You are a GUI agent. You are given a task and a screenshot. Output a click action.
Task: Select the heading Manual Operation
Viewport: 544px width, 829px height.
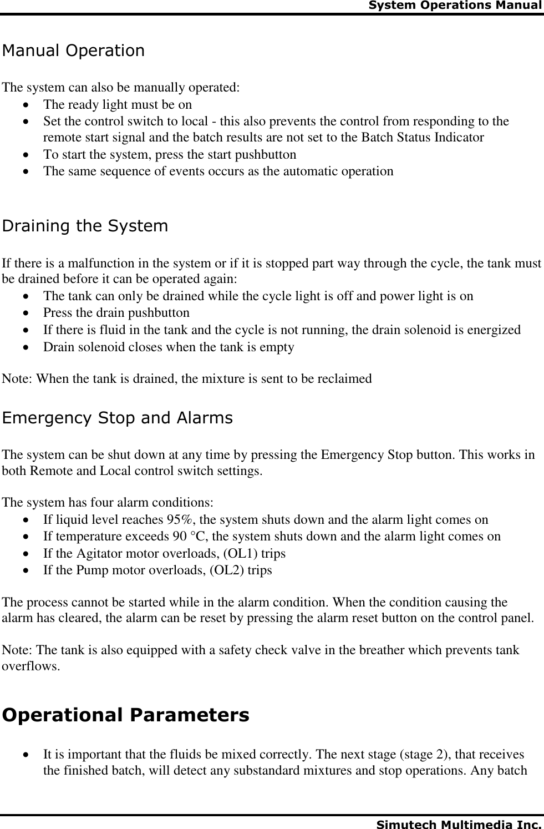(x=73, y=51)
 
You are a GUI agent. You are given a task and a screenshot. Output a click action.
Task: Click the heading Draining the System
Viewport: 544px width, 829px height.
(x=85, y=226)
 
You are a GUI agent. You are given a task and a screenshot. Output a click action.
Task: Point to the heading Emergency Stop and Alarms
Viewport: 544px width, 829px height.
(x=118, y=418)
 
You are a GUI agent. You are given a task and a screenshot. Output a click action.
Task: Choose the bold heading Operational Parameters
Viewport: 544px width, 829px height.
(x=126, y=715)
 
